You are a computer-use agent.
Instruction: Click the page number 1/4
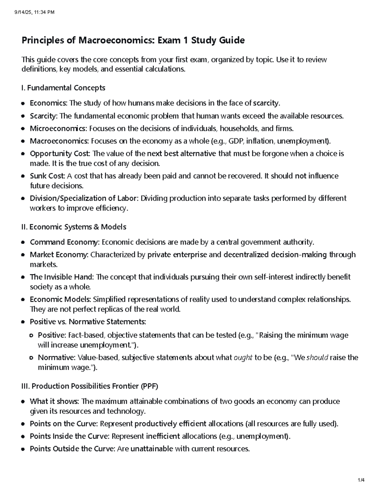tap(361, 480)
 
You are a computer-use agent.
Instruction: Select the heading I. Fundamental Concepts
tap(63, 88)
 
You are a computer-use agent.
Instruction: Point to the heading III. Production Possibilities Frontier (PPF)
tap(90, 386)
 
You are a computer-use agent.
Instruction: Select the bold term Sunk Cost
tap(47, 176)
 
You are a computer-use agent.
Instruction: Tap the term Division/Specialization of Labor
tap(84, 198)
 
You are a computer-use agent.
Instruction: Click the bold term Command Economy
tap(64, 242)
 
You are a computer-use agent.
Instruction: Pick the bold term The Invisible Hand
tap(61, 277)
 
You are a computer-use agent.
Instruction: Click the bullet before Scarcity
tap(23, 116)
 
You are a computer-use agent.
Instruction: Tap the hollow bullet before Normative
tap(31, 358)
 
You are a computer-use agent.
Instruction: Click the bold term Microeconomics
tap(58, 129)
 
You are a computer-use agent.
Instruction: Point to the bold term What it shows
tap(54, 401)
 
